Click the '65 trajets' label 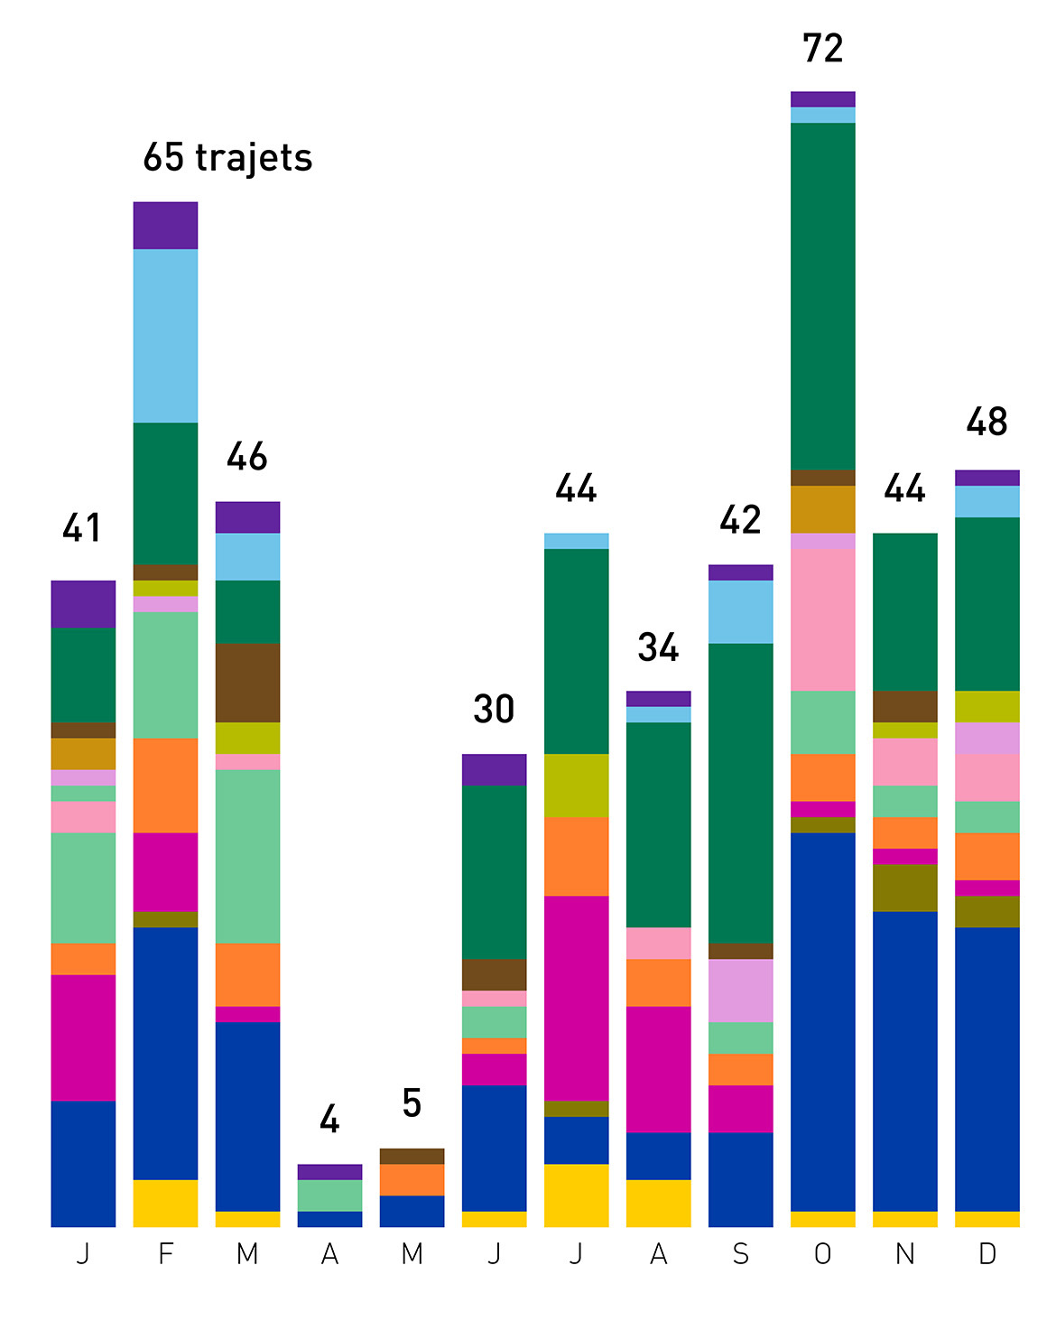click(227, 158)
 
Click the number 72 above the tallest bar click(822, 49)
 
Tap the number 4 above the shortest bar click(329, 1121)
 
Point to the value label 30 click(494, 710)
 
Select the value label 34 click(658, 647)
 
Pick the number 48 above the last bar click(987, 422)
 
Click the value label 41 click(82, 528)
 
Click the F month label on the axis click(165, 1254)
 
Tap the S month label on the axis click(740, 1254)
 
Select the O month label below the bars click(822, 1254)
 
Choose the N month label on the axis click(904, 1254)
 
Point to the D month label click(987, 1254)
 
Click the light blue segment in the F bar click(165, 336)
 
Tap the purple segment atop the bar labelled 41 click(83, 604)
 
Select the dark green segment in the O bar click(822, 296)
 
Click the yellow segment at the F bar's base click(165, 1203)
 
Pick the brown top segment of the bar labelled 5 click(412, 1156)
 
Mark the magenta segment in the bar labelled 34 click(658, 1069)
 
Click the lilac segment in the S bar click(740, 991)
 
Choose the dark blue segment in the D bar click(987, 1069)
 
